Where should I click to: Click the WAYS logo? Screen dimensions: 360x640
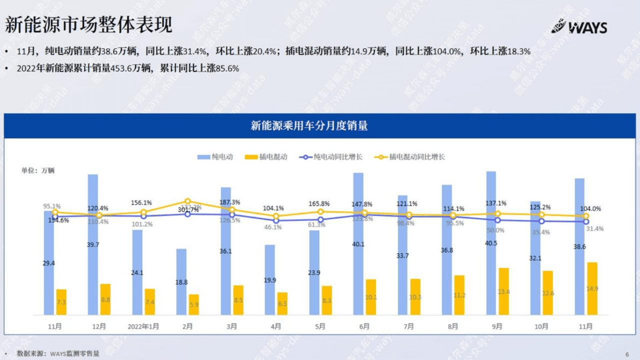point(579,26)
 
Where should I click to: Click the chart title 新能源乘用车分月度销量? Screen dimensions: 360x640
point(309,126)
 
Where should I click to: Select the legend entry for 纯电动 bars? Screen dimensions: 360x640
point(215,157)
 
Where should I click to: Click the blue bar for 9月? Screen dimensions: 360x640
point(492,242)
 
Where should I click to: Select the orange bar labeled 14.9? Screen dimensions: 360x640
point(592,288)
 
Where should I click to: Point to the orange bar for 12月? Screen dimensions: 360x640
point(105,299)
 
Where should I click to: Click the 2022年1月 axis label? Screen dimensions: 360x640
point(144,327)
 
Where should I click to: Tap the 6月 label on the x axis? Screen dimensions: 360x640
point(364,327)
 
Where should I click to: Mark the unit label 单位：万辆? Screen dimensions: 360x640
point(38,171)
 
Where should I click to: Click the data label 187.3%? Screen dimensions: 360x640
point(230,202)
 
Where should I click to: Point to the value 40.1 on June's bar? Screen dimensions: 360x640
point(358,244)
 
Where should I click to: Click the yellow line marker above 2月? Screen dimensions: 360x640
point(188,201)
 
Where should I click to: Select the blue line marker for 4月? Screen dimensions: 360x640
point(276,221)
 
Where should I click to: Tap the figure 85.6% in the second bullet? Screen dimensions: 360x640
point(225,68)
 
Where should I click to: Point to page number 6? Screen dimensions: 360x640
point(627,354)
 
